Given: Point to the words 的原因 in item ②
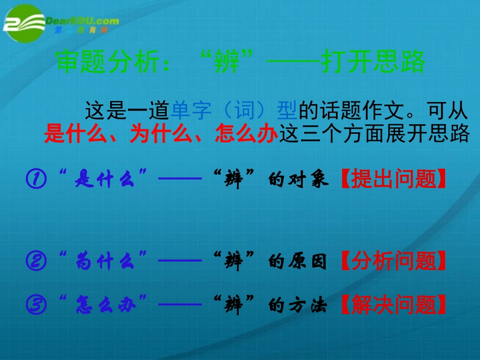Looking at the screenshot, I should (298, 262).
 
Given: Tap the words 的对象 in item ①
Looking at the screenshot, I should (298, 179).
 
